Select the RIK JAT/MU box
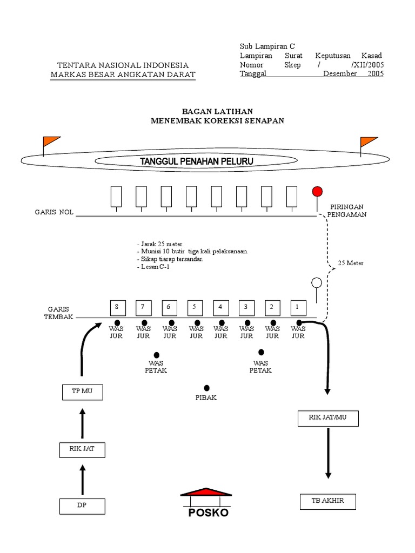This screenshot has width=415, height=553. (328, 417)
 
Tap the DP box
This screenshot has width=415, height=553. (82, 506)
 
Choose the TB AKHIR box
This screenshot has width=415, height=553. (328, 501)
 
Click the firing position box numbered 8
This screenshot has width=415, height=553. (116, 307)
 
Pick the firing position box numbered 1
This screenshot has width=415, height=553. (297, 307)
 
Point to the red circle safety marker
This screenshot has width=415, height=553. (317, 191)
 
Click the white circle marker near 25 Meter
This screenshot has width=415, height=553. (317, 282)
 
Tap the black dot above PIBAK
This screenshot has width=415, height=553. (206, 388)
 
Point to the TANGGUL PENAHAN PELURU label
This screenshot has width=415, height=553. (197, 161)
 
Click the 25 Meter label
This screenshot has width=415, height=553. (351, 263)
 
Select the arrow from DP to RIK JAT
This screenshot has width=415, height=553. (82, 481)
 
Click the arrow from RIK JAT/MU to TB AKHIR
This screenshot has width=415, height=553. (328, 453)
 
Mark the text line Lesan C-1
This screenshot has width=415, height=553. (154, 267)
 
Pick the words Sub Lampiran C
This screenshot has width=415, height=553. (267, 46)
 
